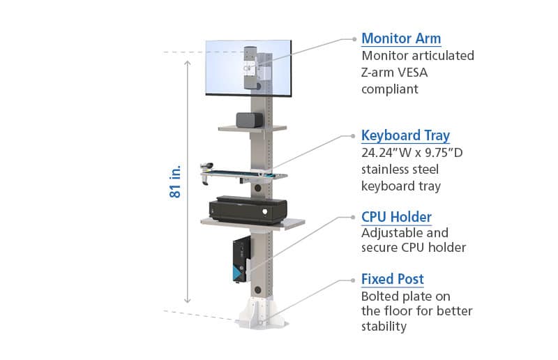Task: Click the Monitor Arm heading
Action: pyautogui.click(x=401, y=38)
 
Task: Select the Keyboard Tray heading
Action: pyautogui.click(x=405, y=135)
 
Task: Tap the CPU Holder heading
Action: pyautogui.click(x=396, y=217)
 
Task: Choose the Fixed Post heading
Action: pyautogui.click(x=393, y=279)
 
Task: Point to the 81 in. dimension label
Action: pyautogui.click(x=175, y=181)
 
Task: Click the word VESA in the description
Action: pyautogui.click(x=412, y=73)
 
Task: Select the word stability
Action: pyautogui.click(x=384, y=327)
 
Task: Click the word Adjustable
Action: pyautogui.click(x=387, y=233)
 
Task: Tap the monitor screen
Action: pyautogui.click(x=248, y=68)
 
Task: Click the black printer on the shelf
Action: pyautogui.click(x=248, y=210)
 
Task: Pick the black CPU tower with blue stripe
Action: pyautogui.click(x=241, y=260)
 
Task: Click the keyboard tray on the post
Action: pyautogui.click(x=245, y=174)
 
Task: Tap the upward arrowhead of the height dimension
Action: pyautogui.click(x=188, y=63)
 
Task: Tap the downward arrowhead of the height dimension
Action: pyautogui.click(x=188, y=301)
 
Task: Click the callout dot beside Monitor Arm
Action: pyautogui.click(x=354, y=39)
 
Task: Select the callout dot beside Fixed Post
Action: pyautogui.click(x=353, y=280)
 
